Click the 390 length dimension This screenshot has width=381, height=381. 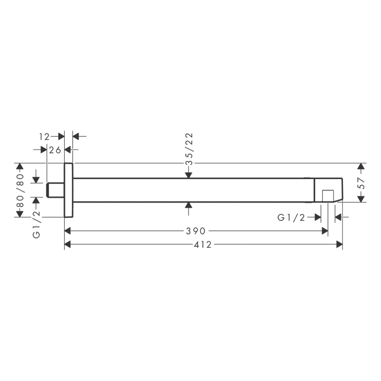click(195, 231)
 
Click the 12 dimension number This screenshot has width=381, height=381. click(44, 136)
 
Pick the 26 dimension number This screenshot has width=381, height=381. click(54, 150)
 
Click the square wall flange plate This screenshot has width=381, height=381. click(69, 189)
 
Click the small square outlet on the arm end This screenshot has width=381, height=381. click(327, 195)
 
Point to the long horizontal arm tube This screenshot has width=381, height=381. click(190, 189)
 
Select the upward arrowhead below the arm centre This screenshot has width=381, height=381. click(188, 205)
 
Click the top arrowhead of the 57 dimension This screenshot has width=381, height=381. click(360, 166)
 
